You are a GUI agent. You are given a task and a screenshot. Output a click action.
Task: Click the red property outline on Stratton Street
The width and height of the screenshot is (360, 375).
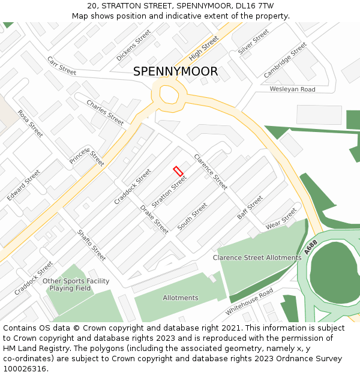pyautogui.click(x=178, y=171)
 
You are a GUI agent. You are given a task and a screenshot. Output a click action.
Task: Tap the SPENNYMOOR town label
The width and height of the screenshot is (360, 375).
pyautogui.click(x=175, y=71)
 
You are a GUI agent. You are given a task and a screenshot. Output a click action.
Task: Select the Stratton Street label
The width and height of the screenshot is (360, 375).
pyautogui.click(x=169, y=190)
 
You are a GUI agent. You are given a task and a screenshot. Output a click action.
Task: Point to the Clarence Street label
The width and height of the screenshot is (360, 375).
pyautogui.click(x=211, y=172)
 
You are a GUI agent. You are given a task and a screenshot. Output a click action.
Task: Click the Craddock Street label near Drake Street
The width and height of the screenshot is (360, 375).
pyautogui.click(x=133, y=186)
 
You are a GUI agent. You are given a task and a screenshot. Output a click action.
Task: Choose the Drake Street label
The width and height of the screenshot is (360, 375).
pyautogui.click(x=154, y=219)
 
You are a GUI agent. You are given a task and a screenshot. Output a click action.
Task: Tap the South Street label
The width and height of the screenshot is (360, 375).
pyautogui.click(x=192, y=216)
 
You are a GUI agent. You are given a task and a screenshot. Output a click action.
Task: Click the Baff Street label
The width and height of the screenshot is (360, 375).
pyautogui.click(x=250, y=207)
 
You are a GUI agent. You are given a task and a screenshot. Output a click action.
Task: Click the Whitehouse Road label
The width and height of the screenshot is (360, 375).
pyautogui.click(x=249, y=302)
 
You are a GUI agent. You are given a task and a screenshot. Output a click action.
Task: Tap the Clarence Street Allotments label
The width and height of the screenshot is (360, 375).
pyautogui.click(x=257, y=257)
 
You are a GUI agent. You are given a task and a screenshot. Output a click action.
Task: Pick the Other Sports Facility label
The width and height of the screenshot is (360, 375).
pyautogui.click(x=76, y=281)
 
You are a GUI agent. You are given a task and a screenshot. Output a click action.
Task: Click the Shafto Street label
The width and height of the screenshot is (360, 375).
pyautogui.click(x=91, y=245)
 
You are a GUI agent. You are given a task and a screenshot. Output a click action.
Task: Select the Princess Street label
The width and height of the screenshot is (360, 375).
pyautogui.click(x=87, y=157)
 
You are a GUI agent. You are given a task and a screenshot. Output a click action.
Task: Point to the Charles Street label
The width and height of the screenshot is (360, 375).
pyautogui.click(x=105, y=112)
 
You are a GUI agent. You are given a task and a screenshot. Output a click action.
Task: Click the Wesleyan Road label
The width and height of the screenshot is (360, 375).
pyautogui.click(x=292, y=89)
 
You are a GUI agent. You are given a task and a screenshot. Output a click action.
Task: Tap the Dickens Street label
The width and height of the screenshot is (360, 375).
pyautogui.click(x=134, y=45)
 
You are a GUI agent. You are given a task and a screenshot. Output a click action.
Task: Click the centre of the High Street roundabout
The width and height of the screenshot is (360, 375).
pyautogui.click(x=169, y=95)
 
